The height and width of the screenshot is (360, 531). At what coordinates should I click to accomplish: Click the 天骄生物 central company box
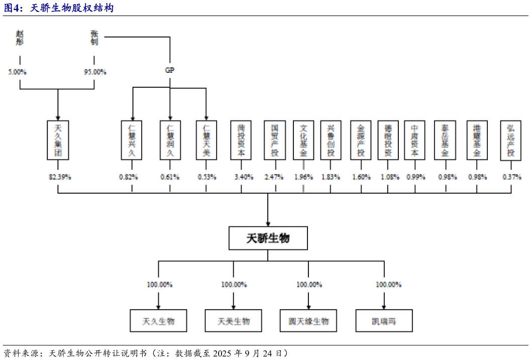click(268, 238)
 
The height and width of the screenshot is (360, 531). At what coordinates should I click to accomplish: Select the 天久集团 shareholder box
click(58, 140)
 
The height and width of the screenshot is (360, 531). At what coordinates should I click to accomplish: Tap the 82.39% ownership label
click(60, 177)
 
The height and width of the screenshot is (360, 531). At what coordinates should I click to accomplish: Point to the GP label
click(170, 70)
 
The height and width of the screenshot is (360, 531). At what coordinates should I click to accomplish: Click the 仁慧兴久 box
click(132, 140)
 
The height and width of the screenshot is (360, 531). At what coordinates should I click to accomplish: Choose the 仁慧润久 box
click(170, 140)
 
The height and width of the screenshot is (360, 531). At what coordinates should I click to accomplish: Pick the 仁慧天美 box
click(206, 140)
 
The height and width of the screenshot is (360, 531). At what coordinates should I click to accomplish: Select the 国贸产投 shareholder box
click(275, 140)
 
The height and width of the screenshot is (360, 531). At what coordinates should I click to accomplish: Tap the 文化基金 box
click(303, 140)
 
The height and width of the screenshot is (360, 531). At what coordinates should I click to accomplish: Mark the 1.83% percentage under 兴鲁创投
click(331, 177)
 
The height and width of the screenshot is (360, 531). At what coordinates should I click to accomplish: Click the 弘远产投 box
click(510, 140)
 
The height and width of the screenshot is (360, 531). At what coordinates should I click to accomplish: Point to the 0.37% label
click(512, 177)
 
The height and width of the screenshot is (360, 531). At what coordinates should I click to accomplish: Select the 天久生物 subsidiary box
click(158, 321)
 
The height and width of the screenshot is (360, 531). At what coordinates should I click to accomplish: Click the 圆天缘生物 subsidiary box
click(308, 321)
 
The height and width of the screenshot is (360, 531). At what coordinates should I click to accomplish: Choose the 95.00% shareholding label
click(95, 72)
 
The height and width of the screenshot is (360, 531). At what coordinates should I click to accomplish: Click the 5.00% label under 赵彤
click(18, 72)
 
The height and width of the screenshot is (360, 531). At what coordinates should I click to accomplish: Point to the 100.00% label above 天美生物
click(234, 285)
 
